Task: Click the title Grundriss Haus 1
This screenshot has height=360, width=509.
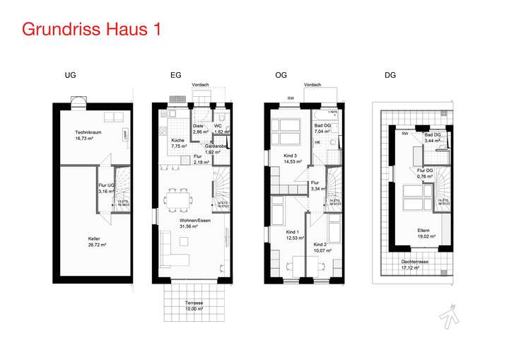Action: click(91, 30)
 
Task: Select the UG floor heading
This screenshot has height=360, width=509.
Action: click(70, 75)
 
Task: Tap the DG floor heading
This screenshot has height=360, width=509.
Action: click(390, 75)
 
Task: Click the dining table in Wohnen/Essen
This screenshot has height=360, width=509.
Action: click(176, 199)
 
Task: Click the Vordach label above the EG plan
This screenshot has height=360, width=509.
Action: click(201, 85)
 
